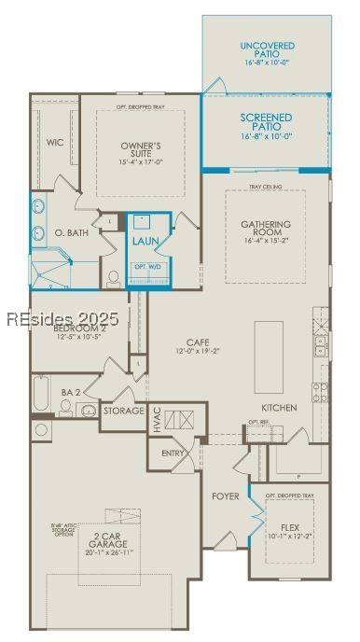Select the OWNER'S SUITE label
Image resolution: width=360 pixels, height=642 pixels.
[141, 150]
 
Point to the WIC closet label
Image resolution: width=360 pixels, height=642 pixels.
[54, 142]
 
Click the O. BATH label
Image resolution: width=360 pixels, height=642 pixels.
[72, 232]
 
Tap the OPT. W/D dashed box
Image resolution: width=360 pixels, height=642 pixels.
[148, 267]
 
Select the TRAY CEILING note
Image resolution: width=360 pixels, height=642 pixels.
[266, 188]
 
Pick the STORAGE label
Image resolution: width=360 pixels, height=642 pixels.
[124, 411]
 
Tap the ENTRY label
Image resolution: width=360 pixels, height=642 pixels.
[173, 453]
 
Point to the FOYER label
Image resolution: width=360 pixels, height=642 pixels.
[226, 495]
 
